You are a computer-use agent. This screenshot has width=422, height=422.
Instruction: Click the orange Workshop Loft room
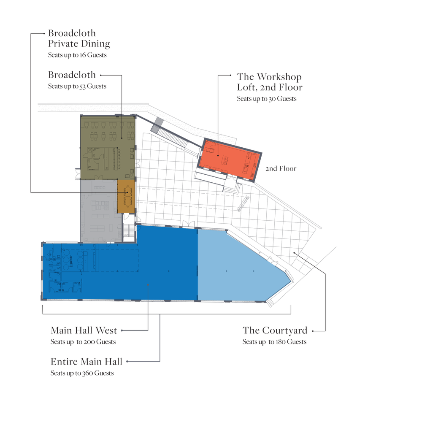pos(229,160)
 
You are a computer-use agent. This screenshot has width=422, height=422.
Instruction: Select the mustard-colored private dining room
pos(126,196)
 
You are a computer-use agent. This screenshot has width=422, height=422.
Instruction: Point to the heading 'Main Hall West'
pos(84,330)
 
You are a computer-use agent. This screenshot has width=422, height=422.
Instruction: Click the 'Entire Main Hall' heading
pos(87,362)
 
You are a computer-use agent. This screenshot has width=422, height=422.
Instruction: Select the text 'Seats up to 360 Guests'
pos(82,373)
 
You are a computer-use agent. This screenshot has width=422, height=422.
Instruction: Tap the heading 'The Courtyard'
pos(275,330)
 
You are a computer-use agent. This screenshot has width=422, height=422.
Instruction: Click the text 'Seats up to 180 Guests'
pos(274,342)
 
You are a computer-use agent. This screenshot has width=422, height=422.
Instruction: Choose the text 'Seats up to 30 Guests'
pos(266,99)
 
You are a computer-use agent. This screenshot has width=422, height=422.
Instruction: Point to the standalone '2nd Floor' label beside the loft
pos(281,168)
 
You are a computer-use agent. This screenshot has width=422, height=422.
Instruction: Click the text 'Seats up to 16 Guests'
pos(77,55)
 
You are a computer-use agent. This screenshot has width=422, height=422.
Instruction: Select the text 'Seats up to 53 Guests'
pos(77,86)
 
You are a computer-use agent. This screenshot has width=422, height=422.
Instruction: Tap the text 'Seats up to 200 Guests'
pos(83,342)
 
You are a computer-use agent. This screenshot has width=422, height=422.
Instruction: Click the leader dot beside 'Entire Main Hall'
pos(127,362)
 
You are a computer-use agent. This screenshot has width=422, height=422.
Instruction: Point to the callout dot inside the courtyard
pos(294,253)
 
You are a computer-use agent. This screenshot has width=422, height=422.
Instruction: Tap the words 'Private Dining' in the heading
pos(79,43)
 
